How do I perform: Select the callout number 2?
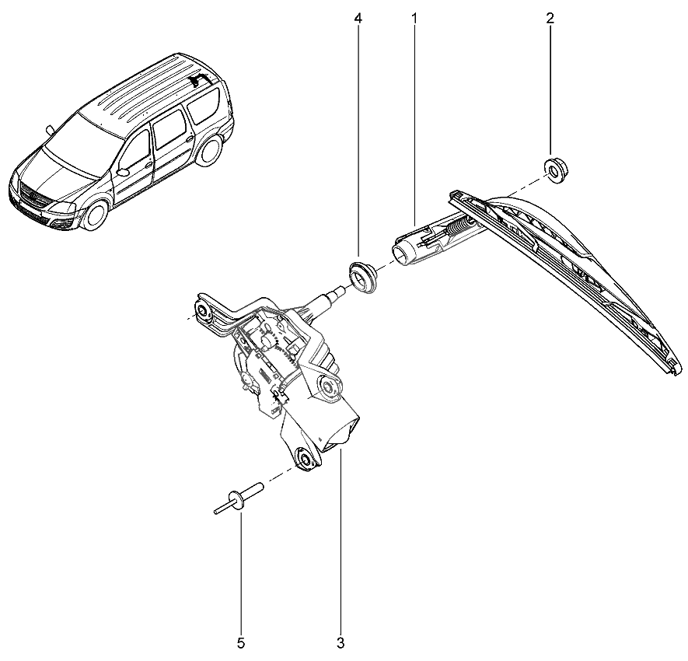(550, 17)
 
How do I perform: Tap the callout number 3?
(341, 642)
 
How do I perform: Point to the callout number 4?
(358, 17)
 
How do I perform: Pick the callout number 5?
(241, 642)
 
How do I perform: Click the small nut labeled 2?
(554, 169)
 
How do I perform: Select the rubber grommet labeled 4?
(361, 277)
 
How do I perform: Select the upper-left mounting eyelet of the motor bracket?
(204, 312)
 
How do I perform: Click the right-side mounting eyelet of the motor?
(330, 385)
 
